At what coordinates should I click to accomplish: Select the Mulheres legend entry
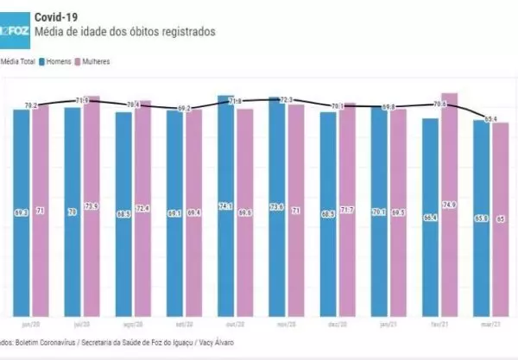[x=97, y=61]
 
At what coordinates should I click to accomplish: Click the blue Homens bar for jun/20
[x=22, y=212]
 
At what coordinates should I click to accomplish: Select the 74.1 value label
[x=226, y=206]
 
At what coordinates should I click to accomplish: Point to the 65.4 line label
[x=491, y=118]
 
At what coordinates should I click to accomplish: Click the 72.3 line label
[x=287, y=100]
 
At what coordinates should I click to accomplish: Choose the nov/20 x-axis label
[x=287, y=325]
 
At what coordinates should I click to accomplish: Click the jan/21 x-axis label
[x=388, y=325]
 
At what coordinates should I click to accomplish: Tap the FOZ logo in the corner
[x=14, y=31]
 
